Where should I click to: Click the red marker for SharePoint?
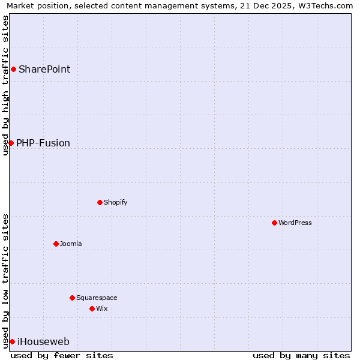[x=13, y=70]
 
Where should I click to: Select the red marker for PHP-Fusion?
[x=11, y=143]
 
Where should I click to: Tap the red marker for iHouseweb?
[x=12, y=342]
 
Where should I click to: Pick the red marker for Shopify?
[x=100, y=202]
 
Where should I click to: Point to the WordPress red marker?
[x=274, y=223]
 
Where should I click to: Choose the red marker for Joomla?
[x=56, y=244]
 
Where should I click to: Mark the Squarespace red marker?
[x=72, y=298]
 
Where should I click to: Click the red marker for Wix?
[x=92, y=308]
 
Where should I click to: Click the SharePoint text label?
[x=44, y=70]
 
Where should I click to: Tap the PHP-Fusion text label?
[x=43, y=143]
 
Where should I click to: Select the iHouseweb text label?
[x=43, y=342]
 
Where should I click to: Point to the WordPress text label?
[x=295, y=223]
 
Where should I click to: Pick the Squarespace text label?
[x=97, y=298]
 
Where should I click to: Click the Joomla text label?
[x=71, y=244]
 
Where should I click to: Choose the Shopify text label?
[x=116, y=202]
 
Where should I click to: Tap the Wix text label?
[x=102, y=308]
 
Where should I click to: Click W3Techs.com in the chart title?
[x=325, y=6]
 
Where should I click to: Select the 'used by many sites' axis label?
[x=301, y=355]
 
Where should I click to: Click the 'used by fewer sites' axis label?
[x=62, y=355]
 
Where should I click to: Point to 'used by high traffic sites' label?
[x=6, y=85]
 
